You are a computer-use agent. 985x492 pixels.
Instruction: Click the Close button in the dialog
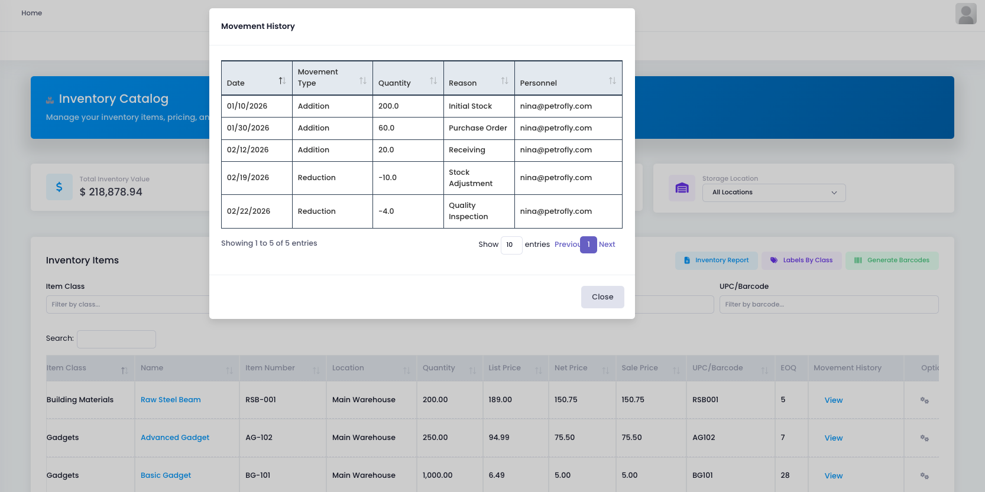click(602, 297)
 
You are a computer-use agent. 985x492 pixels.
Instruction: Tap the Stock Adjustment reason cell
click(471, 178)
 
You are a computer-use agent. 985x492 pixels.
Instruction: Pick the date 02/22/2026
click(248, 211)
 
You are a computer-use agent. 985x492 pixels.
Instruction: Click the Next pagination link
click(607, 245)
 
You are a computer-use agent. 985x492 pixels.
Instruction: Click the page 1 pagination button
click(588, 245)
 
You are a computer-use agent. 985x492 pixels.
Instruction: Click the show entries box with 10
click(511, 245)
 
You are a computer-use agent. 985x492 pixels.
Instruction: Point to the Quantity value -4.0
click(386, 211)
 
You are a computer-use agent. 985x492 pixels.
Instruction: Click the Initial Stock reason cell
click(470, 106)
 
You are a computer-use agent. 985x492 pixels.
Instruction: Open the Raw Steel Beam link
click(170, 400)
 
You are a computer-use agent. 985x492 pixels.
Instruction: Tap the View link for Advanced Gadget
click(833, 438)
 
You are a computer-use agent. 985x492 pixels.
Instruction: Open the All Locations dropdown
click(773, 193)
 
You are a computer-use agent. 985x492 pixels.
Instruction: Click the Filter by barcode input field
click(828, 305)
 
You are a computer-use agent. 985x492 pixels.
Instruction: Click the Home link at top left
click(32, 13)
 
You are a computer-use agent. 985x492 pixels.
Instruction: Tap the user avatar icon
click(965, 14)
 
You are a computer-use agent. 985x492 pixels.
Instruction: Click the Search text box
click(116, 339)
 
